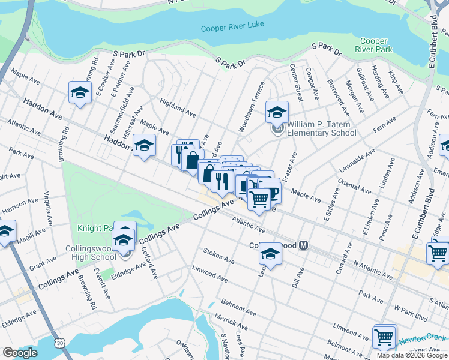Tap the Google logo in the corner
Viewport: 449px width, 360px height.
click(19, 353)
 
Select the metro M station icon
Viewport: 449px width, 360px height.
click(304, 245)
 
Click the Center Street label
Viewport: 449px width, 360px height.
click(296, 82)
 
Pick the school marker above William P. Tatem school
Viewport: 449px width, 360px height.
click(277, 112)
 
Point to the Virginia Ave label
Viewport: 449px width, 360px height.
click(49, 208)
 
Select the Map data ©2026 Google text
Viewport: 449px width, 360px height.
click(412, 355)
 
